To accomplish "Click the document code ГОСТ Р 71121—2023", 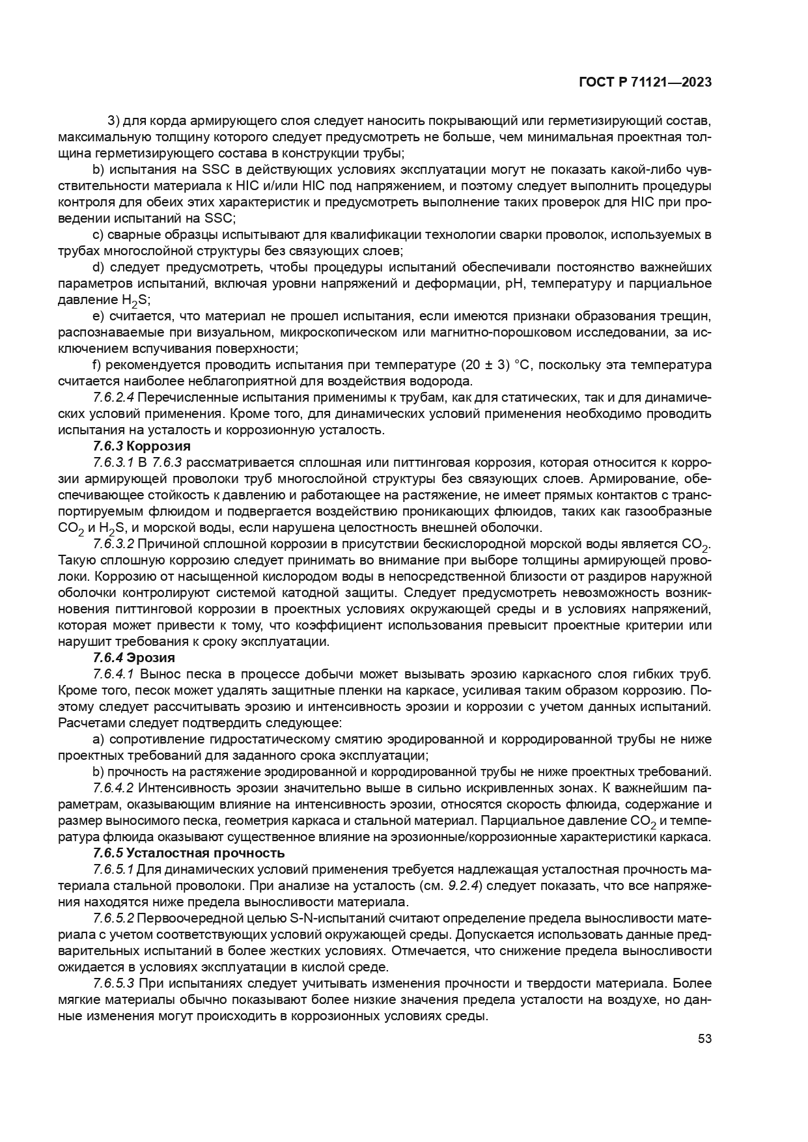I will point(644,83).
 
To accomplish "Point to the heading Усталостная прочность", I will point(205,853).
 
